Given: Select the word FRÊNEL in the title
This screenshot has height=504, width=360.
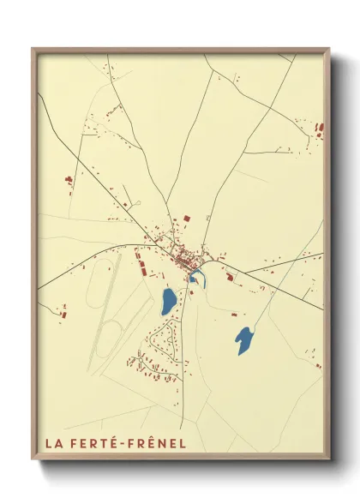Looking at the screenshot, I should pos(159,444).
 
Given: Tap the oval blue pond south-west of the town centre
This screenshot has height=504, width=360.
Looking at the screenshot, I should pos(169,300).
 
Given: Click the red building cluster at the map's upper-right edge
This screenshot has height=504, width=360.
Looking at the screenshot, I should pos(320,129).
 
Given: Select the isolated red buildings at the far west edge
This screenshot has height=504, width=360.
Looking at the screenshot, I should pos(68,180).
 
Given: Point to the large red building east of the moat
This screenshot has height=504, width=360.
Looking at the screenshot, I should pos(228,275).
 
